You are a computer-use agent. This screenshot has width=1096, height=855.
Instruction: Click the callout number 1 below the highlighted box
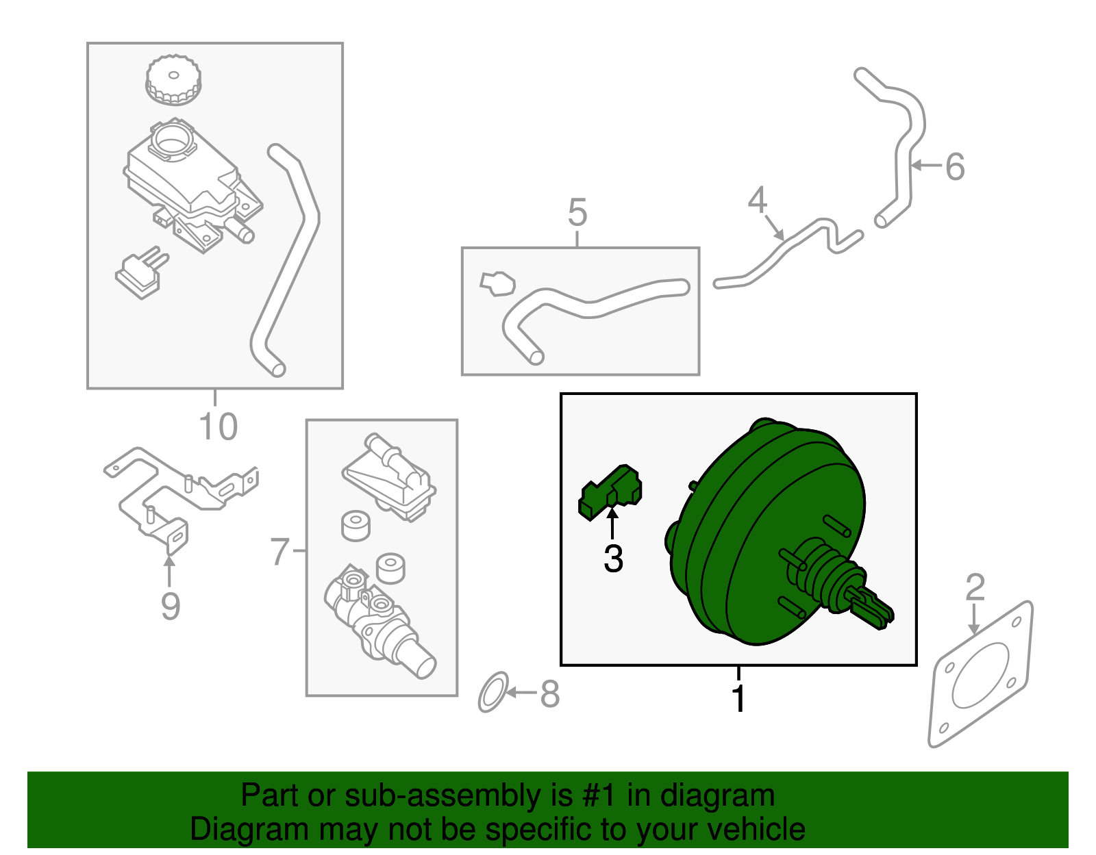coord(738,699)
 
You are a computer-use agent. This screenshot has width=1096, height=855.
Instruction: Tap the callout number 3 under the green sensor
coord(613,559)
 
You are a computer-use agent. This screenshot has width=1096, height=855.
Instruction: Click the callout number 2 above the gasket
coord(975,588)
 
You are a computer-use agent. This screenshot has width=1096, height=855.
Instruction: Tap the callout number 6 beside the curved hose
coord(955,166)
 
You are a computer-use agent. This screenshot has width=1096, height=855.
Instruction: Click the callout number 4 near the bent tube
coord(757,200)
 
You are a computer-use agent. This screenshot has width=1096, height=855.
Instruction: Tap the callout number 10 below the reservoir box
coord(218,426)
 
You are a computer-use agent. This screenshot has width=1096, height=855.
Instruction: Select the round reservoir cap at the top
coord(173,80)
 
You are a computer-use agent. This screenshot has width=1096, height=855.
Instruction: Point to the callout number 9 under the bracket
coord(170,606)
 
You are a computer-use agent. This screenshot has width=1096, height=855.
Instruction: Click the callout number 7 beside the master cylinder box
coord(279,552)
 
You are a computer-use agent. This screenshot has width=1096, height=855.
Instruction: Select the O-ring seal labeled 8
coord(493,692)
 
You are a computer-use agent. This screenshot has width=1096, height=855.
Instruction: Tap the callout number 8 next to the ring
coord(549,694)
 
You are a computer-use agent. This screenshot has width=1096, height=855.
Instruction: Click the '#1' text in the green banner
coord(601,795)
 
